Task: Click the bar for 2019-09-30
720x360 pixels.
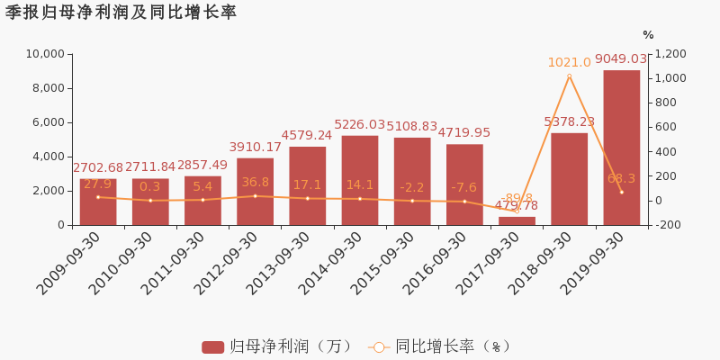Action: (x=621, y=148)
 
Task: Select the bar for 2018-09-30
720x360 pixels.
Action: (x=569, y=179)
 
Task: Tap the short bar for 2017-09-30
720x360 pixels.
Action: (x=517, y=220)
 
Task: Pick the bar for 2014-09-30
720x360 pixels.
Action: (x=359, y=180)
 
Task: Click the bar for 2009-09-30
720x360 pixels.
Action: (x=98, y=202)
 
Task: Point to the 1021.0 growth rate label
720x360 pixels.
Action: (x=569, y=63)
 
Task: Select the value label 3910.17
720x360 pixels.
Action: (x=255, y=148)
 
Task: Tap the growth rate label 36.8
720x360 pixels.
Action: (x=255, y=183)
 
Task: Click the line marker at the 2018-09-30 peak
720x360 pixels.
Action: (x=569, y=76)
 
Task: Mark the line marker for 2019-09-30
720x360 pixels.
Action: (x=621, y=192)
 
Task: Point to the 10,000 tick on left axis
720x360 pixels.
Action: (x=42, y=54)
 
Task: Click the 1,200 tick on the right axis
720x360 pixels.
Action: (x=670, y=54)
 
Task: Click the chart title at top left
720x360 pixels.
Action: (x=121, y=13)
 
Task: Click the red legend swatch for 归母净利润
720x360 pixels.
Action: (x=212, y=346)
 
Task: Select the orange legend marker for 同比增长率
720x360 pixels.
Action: (x=379, y=346)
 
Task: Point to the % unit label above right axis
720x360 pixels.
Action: (x=648, y=35)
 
